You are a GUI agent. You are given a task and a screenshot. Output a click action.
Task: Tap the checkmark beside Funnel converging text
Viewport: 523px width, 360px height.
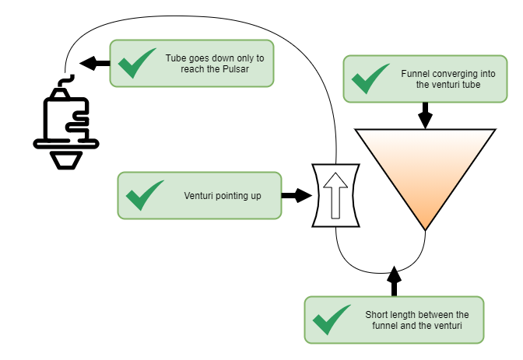pyautogui.click(x=370, y=79)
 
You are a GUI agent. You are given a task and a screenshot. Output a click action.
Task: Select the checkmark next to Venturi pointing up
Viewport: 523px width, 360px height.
pyautogui.click(x=145, y=195)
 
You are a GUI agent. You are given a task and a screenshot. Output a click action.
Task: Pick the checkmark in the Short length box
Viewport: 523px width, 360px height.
pyautogui.click(x=332, y=320)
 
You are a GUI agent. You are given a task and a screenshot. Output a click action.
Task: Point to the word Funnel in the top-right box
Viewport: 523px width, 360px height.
pyautogui.click(x=415, y=73)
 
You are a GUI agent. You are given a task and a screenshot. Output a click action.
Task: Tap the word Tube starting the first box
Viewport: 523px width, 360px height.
pyautogui.click(x=175, y=58)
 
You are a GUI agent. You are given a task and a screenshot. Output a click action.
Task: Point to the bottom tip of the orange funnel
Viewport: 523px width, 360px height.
pyautogui.click(x=425, y=227)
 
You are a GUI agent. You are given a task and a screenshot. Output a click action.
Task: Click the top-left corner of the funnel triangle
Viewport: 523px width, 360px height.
pyautogui.click(x=358, y=131)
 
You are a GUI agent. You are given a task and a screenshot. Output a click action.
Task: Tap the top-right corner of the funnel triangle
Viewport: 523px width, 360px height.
pyautogui.click(x=493, y=131)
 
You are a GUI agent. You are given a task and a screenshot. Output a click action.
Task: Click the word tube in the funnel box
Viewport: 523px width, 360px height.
pyautogui.click(x=470, y=85)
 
